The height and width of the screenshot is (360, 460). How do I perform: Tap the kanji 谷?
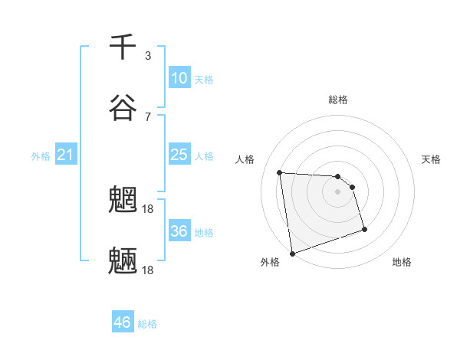(123, 108)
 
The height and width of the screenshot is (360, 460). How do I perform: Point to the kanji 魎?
(123, 261)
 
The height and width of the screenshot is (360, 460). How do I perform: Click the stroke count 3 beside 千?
(148, 56)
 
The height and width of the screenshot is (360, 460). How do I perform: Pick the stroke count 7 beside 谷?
(148, 116)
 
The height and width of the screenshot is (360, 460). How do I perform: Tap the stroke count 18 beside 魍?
(149, 208)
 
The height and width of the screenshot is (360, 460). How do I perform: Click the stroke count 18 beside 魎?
(149, 270)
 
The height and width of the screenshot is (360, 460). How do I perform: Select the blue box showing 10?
(179, 78)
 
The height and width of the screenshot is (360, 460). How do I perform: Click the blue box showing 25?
(179, 155)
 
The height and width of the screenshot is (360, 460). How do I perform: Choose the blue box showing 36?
(179, 231)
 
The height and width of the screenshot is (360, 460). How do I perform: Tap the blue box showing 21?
(66, 155)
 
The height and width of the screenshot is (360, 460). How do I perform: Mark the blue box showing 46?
(123, 322)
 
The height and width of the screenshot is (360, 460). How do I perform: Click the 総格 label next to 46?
(147, 324)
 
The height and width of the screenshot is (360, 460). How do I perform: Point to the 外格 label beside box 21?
(41, 156)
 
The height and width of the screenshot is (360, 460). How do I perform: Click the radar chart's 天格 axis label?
(432, 159)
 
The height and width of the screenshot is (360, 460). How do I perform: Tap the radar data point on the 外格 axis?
(292, 253)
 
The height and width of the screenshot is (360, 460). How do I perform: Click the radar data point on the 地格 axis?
(364, 230)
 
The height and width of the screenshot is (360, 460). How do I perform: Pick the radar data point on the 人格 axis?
(280, 172)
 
